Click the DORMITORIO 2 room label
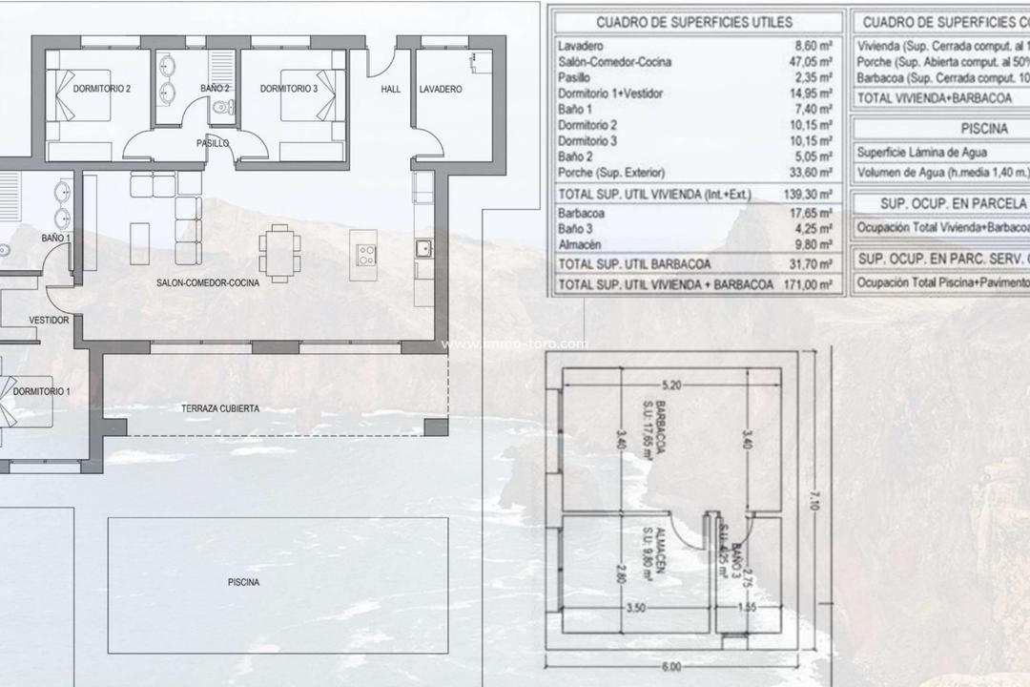pyautogui.click(x=102, y=89)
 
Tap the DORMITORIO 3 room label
pyautogui.click(x=289, y=89)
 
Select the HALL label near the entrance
pyautogui.click(x=391, y=89)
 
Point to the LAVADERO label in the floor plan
pyautogui.click(x=441, y=89)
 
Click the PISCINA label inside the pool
pyautogui.click(x=243, y=581)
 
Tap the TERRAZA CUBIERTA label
pyautogui.click(x=220, y=408)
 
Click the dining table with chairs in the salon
pyautogui.click(x=278, y=253)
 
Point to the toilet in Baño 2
pyautogui.click(x=222, y=109)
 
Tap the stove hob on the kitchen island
pyautogui.click(x=366, y=255)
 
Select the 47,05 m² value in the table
pyautogui.click(x=812, y=62)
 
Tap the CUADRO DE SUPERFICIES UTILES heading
pyautogui.click(x=693, y=22)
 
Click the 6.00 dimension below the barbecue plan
pyautogui.click(x=672, y=668)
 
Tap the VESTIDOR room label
pyautogui.click(x=49, y=321)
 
